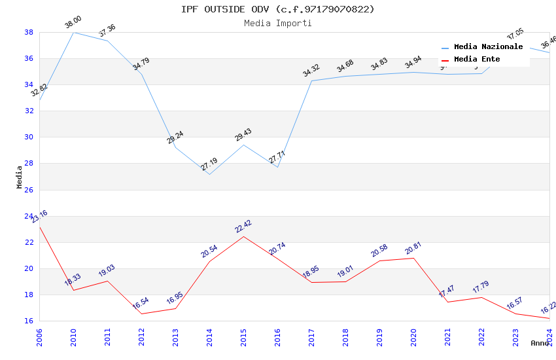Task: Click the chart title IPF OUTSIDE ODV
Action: click(278, 9)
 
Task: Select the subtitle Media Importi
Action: click(278, 23)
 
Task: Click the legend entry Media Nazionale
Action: click(488, 47)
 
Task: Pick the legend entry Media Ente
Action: click(477, 59)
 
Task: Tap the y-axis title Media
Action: click(20, 177)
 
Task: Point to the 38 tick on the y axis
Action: click(29, 32)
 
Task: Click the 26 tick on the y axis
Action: click(29, 190)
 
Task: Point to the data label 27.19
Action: click(209, 164)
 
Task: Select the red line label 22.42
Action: click(243, 226)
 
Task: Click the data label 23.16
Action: click(39, 217)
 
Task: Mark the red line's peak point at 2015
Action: click(243, 236)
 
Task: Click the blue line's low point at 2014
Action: click(209, 174)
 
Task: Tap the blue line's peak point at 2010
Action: click(73, 32)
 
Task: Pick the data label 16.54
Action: click(141, 304)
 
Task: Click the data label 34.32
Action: click(311, 71)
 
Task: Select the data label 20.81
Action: click(413, 248)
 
